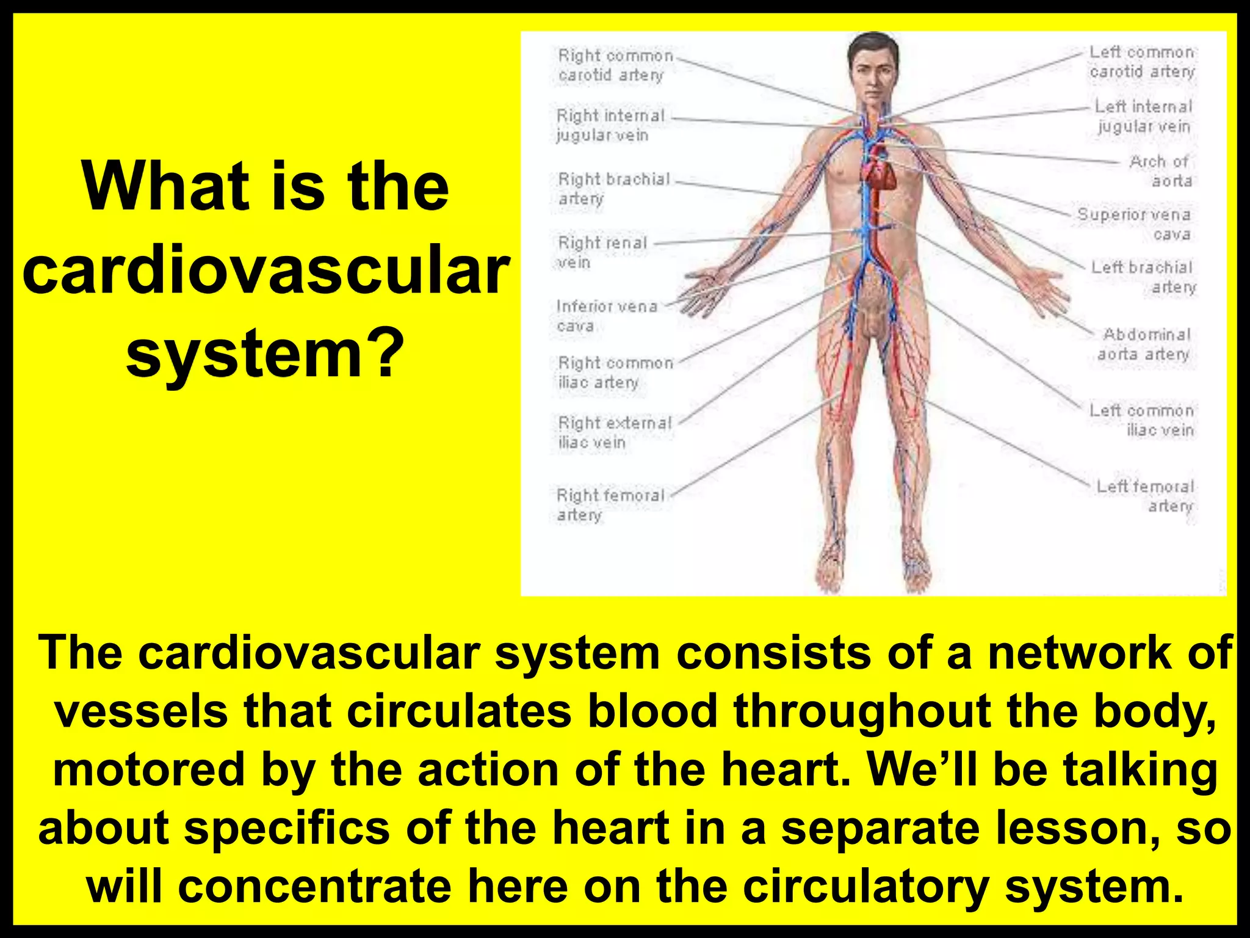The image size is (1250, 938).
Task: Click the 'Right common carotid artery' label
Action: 615,65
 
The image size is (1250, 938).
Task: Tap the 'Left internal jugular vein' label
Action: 1143,116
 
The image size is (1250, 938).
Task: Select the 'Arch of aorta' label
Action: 1160,171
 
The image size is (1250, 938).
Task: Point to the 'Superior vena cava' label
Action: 1135,224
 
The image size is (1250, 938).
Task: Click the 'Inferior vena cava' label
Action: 606,316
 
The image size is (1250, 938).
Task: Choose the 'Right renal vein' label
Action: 602,252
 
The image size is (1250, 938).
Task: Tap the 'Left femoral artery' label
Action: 1145,496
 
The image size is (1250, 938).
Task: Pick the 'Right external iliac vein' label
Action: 614,432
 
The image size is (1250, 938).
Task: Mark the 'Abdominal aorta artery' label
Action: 1145,344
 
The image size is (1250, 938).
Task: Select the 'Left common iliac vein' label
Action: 1142,420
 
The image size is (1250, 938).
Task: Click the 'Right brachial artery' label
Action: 613,189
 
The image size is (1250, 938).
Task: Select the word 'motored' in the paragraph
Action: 149,769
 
